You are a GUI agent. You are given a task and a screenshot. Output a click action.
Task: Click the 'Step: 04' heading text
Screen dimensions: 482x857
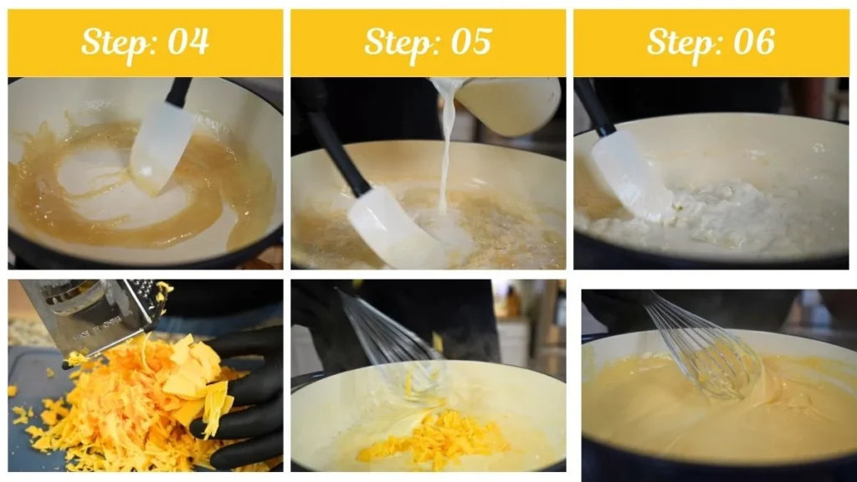pyautogui.click(x=145, y=42)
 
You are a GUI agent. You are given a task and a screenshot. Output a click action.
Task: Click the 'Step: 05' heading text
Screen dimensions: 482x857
pyautogui.click(x=428, y=42)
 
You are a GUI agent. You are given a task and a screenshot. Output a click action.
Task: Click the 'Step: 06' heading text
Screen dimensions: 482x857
pyautogui.click(x=711, y=42)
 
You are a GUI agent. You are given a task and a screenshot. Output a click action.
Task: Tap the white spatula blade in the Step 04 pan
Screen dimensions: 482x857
pyautogui.click(x=161, y=146)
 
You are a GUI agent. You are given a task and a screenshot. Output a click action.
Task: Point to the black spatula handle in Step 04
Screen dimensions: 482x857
pyautogui.click(x=179, y=91)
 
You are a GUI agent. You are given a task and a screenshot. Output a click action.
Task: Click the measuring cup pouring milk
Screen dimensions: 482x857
pyautogui.click(x=506, y=104)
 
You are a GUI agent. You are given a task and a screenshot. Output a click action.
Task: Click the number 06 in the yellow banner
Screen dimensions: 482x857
pyautogui.click(x=753, y=42)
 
